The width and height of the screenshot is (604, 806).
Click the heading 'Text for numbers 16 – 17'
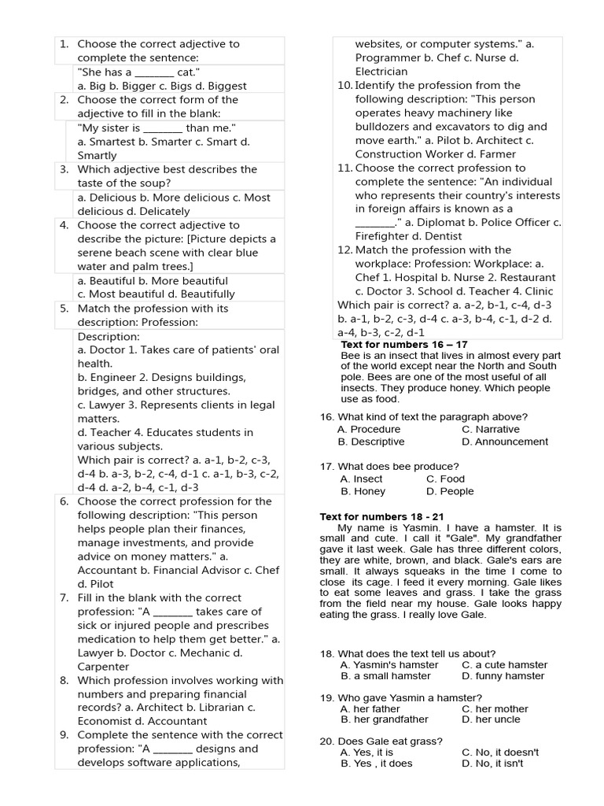pos(404,345)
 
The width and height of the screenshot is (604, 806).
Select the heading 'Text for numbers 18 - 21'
pos(376,516)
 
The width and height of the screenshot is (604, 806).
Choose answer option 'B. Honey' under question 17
pos(363,491)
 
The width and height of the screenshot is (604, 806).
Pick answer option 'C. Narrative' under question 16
pos(491,429)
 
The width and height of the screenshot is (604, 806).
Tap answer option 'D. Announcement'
pos(505,442)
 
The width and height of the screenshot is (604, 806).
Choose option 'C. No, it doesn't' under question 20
pos(500,752)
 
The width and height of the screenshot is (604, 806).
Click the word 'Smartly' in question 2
pos(97,155)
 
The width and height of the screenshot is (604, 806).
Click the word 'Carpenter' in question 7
pos(103,666)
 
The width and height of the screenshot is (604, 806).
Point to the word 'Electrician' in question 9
pos(381,72)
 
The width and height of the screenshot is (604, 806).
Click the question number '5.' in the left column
pos(64,309)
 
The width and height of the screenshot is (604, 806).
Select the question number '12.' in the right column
pos(344,250)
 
